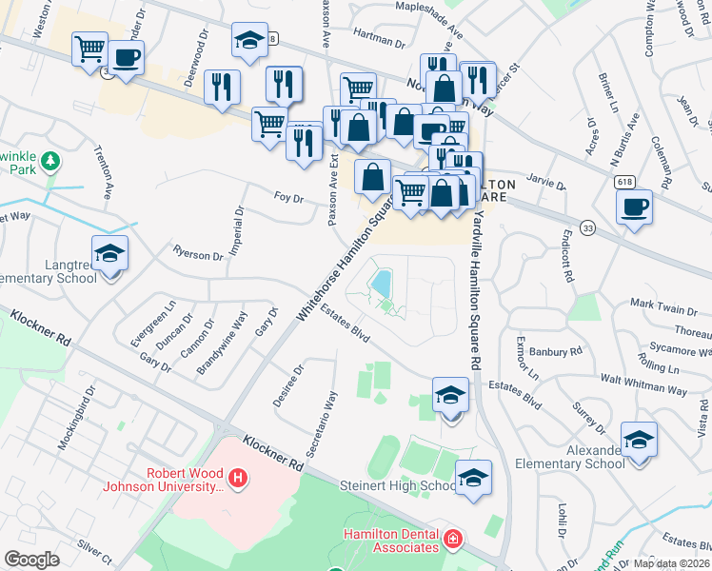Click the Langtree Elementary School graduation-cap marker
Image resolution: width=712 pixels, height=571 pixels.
[110, 254]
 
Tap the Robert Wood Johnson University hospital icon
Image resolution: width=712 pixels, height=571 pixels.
[238, 476]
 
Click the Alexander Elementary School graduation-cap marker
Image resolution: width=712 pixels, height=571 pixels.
[639, 441]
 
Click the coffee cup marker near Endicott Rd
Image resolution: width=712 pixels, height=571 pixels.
[634, 207]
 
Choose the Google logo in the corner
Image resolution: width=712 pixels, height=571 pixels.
[32, 560]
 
